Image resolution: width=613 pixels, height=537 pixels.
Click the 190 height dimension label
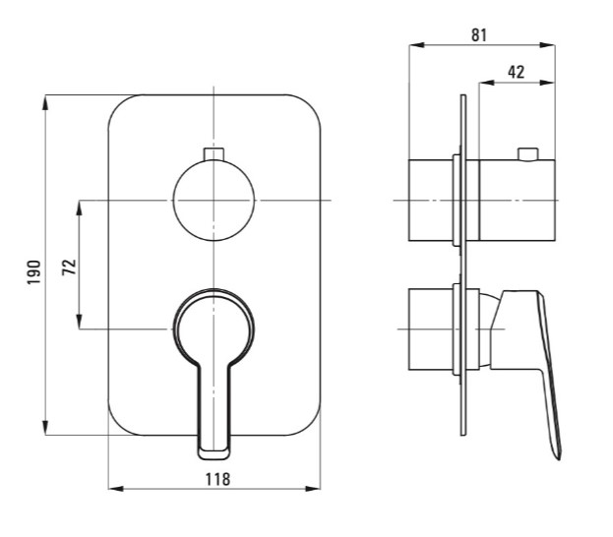click(x=34, y=272)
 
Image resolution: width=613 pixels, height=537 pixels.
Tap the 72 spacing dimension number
click(x=69, y=267)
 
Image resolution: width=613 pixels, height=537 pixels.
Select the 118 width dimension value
click(x=217, y=479)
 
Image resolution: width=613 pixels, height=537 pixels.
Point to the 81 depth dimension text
click(x=479, y=34)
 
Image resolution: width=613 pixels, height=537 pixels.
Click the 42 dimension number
click(x=516, y=72)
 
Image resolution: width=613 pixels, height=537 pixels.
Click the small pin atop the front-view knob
click(x=214, y=154)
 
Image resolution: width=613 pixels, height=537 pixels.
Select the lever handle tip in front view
click(x=214, y=453)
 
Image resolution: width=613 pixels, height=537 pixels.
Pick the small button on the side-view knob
click(x=527, y=154)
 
